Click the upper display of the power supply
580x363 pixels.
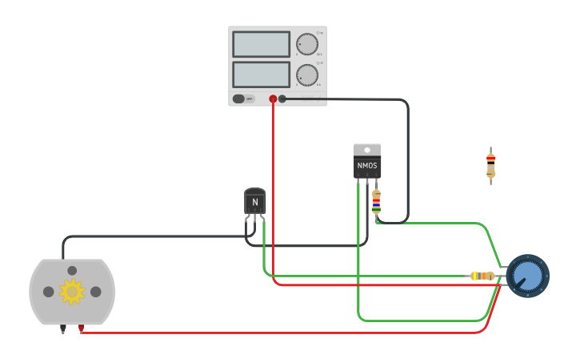261,44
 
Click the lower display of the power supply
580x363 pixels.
261,75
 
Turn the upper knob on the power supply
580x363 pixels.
306,43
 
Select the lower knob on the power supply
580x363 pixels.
306,75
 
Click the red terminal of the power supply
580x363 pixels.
273,99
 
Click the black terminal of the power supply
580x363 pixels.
282,99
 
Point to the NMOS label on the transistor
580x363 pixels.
367,166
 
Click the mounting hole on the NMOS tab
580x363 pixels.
367,150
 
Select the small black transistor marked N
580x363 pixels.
254,201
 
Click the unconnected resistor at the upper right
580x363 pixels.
490,165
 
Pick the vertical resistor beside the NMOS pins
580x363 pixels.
376,202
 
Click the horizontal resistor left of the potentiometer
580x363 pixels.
482,276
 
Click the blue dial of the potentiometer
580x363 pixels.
527,276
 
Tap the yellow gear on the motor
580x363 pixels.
72,292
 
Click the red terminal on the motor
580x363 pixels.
81,328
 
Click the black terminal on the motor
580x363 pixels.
63,328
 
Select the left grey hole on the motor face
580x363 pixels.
49,292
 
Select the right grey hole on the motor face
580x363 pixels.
95,292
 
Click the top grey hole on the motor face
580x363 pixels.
72,271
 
